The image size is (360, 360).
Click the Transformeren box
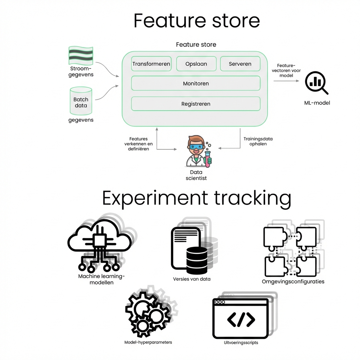[151, 64]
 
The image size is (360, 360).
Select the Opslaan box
[196, 64]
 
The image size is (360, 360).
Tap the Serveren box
[240, 64]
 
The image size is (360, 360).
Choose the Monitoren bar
[196, 84]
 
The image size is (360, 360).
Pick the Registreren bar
[196, 104]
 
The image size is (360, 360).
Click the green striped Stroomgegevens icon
[81, 55]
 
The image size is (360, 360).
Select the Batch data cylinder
[81, 101]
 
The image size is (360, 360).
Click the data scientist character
[196, 152]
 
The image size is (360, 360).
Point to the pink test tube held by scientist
[209, 160]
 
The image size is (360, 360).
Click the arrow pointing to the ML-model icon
[286, 81]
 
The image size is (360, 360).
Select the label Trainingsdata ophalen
[258, 141]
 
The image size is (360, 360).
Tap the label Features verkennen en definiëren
[139, 144]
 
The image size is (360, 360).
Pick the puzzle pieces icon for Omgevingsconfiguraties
[290, 251]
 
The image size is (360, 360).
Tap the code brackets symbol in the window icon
[241, 319]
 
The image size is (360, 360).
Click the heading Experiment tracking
[197, 199]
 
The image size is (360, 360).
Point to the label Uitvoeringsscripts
[241, 342]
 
